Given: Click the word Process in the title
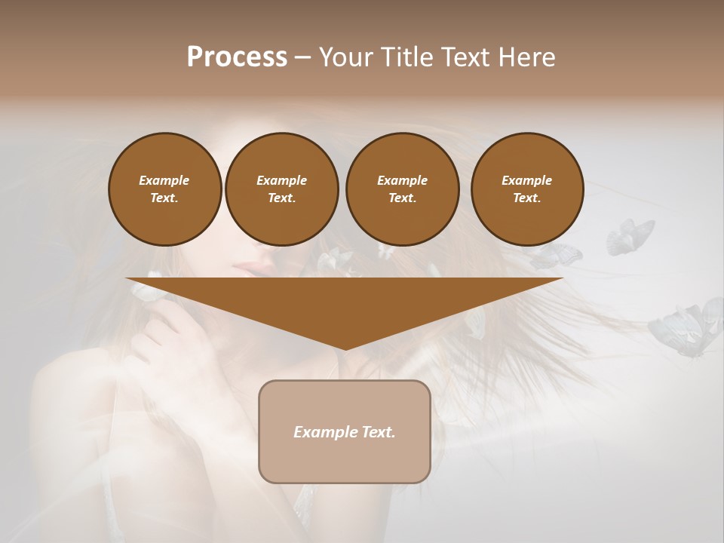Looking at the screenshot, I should pos(237,57).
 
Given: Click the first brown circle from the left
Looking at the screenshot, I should pos(164,189).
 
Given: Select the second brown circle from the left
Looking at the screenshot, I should pos(281,189).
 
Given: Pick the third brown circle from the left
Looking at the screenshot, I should pos(402,189).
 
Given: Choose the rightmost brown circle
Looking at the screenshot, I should pos(527,189).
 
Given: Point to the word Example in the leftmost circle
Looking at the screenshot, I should pos(164,180).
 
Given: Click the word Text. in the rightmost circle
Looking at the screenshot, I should pos(527,198).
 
